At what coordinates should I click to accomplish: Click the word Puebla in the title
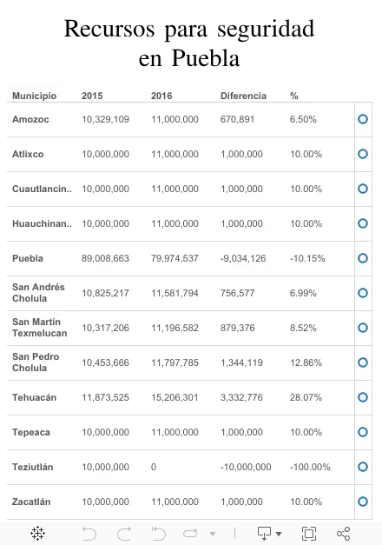pos(206,57)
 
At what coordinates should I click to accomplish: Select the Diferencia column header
pos(243,96)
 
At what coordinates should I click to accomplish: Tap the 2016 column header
pos(161,96)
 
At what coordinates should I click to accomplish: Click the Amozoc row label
pos(30,119)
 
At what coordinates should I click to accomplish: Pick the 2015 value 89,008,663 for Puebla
pos(105,258)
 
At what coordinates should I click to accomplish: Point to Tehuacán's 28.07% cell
pos(306,397)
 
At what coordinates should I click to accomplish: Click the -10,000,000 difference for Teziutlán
pos(246,467)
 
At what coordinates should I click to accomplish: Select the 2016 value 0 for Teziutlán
pos(154,467)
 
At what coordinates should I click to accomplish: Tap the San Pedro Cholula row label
pos(36,362)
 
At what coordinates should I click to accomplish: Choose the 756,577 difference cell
pos(238,293)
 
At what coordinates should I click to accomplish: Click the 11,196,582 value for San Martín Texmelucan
pos(175,328)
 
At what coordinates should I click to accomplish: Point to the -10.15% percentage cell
pos(307,258)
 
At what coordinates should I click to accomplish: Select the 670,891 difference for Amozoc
pos(238,119)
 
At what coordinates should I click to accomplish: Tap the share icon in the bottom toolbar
pos(344,533)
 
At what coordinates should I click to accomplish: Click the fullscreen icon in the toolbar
pos(309,533)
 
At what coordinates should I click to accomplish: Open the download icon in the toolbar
pos(264,533)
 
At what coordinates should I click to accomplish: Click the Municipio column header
pos(35,96)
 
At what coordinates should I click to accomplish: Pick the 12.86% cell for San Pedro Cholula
pos(306,362)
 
